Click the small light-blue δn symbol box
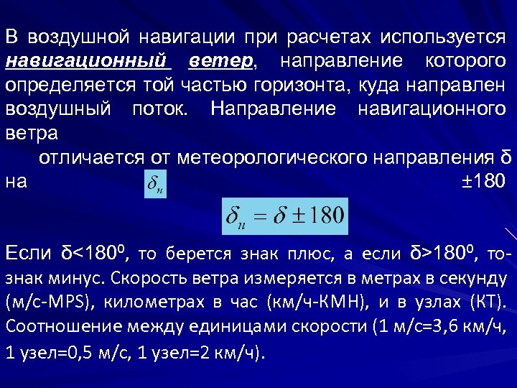(154, 183)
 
